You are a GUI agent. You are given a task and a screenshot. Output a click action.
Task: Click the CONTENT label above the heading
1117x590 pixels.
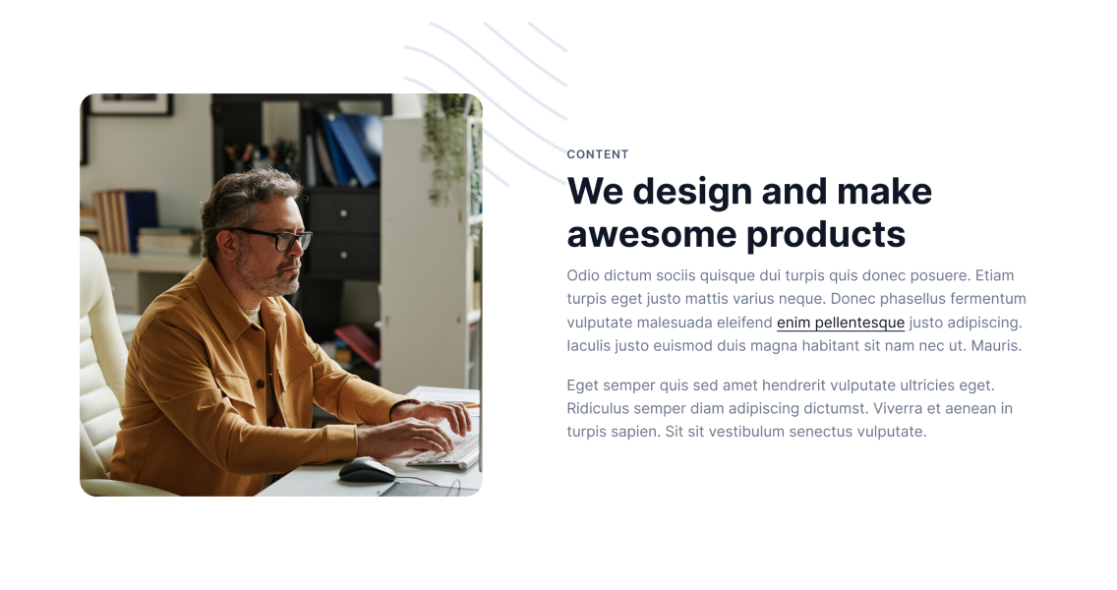[x=598, y=154]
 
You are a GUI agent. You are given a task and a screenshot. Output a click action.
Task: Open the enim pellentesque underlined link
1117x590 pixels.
[x=841, y=323]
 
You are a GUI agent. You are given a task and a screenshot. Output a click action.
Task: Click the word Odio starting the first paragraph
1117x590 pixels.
[x=583, y=275]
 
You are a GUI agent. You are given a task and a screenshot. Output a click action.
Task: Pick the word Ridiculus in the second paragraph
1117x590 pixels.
[x=598, y=408]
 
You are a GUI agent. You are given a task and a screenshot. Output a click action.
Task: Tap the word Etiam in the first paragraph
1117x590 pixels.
[x=994, y=275]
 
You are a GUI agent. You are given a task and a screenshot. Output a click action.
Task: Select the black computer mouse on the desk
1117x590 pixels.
[x=367, y=470]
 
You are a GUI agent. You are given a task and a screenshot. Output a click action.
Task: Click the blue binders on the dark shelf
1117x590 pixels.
[x=350, y=148]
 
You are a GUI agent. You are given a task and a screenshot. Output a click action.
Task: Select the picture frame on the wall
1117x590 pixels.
[x=131, y=104]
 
